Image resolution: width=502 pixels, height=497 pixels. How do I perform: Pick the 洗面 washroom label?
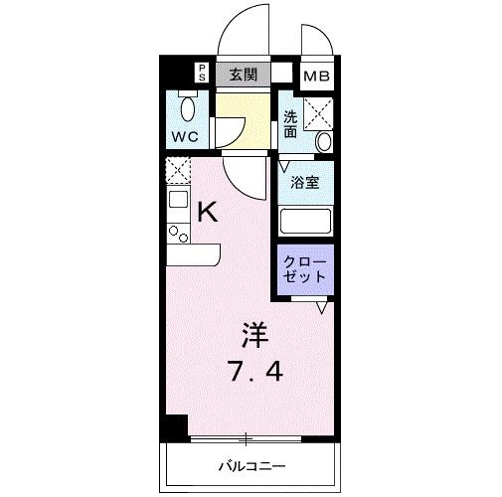290,122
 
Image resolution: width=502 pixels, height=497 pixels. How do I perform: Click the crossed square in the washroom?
319,111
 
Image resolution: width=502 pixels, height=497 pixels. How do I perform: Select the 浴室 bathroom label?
304,183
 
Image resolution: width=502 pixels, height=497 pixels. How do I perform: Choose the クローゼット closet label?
303,268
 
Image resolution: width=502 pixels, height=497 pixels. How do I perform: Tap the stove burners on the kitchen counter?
178,235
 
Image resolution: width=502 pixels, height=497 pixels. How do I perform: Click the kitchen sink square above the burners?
177,201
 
